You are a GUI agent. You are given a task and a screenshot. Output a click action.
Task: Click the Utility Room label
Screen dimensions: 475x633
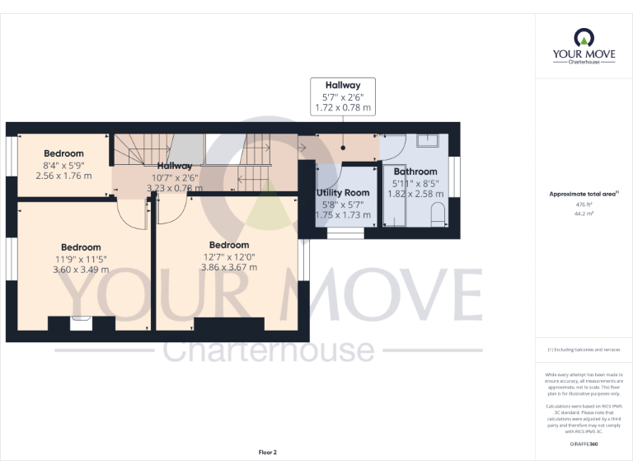[x=343, y=192]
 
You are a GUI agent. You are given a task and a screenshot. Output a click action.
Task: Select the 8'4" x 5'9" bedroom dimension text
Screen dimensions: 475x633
[x=64, y=165]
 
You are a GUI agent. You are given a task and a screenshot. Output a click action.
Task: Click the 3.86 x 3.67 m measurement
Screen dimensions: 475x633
[x=228, y=268]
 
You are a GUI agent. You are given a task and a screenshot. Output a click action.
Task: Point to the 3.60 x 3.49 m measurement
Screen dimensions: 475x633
[x=80, y=270]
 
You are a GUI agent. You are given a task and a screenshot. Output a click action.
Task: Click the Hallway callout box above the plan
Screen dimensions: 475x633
[x=342, y=96]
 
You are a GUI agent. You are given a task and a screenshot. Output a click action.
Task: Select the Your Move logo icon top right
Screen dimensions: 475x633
[x=584, y=37]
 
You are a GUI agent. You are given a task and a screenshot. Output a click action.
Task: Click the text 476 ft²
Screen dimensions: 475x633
[x=584, y=205]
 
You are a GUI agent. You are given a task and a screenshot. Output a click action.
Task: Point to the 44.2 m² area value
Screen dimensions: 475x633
[x=584, y=213]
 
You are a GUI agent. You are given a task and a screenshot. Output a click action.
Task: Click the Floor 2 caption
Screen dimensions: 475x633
[x=267, y=452]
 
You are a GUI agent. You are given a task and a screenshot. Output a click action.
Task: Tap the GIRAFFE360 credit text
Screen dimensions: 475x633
[x=584, y=444]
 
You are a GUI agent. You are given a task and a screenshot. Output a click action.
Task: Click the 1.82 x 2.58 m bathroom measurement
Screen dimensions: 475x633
[x=415, y=194]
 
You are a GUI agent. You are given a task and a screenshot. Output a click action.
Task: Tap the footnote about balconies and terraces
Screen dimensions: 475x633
[x=584, y=350]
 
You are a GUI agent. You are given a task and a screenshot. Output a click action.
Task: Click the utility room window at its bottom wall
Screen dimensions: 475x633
[x=345, y=234]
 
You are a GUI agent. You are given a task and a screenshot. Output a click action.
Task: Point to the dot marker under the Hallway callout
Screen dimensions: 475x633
[x=343, y=148]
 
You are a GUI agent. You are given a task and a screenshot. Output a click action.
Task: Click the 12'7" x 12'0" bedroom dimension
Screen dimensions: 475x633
[x=228, y=256]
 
